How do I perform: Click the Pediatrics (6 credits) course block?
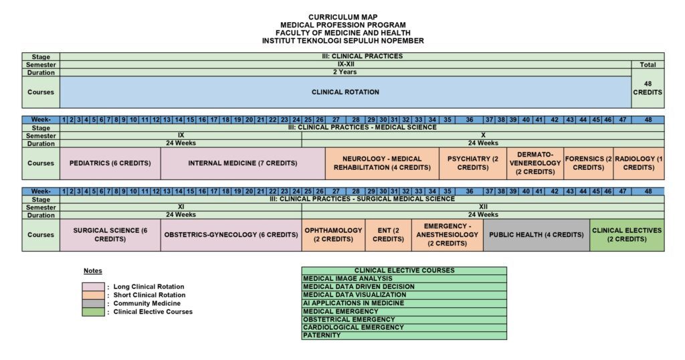click(110, 163)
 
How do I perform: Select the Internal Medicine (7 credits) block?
click(242, 163)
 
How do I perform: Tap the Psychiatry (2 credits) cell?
click(478, 163)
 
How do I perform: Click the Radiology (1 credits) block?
click(639, 163)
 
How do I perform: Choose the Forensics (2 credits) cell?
click(589, 163)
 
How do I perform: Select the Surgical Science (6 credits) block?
click(110, 235)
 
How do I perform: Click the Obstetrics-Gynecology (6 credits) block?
click(231, 235)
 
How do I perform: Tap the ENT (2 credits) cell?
click(388, 235)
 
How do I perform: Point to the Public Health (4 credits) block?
click(536, 235)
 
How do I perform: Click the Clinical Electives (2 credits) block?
click(627, 235)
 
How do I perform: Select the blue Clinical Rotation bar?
click(345, 92)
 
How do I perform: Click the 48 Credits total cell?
click(648, 88)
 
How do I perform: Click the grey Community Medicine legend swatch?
click(93, 304)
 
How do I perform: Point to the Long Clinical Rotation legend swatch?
click(93, 287)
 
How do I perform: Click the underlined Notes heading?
click(93, 271)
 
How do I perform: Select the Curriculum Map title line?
click(342, 17)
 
